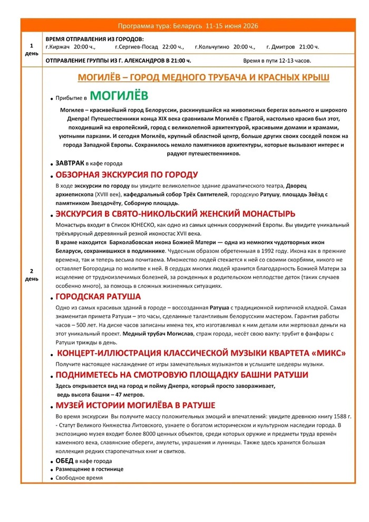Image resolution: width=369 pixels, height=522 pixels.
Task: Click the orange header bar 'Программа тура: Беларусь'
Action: [x=188, y=26]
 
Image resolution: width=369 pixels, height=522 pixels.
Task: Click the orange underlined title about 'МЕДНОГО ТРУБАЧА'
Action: [x=203, y=78]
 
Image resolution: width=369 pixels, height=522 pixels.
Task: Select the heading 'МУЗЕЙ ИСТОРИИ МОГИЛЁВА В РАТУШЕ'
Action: [x=135, y=405]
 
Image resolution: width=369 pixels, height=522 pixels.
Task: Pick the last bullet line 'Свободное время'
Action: [x=79, y=477]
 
